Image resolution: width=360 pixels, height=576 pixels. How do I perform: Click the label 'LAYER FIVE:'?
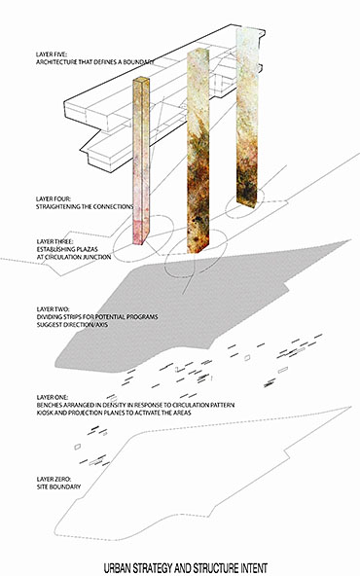51,54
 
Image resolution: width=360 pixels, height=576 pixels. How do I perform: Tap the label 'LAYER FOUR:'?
53,198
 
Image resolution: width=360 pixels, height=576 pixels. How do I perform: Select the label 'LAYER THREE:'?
54,241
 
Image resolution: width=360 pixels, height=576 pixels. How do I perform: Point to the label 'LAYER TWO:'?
53,309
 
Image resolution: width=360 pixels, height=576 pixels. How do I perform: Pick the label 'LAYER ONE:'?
53,398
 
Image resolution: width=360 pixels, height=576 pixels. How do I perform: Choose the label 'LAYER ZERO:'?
54,479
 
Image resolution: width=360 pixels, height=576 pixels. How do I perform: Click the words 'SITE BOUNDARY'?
58,486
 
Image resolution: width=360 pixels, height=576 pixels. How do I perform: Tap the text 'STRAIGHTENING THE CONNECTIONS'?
85,207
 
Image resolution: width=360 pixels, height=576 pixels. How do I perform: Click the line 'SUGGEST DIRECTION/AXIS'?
72,325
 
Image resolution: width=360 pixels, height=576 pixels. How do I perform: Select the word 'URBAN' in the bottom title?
118,568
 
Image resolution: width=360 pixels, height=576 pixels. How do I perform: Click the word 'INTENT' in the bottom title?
254,568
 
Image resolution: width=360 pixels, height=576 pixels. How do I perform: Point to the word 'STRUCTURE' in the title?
216,568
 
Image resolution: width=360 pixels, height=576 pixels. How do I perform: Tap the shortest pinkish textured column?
141,161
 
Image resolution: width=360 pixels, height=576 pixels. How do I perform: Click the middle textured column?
198,151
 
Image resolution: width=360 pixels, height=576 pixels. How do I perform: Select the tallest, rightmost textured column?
247,118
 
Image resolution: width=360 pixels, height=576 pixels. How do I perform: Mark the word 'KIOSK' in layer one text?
45,413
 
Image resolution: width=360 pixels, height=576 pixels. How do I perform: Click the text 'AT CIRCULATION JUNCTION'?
74,257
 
